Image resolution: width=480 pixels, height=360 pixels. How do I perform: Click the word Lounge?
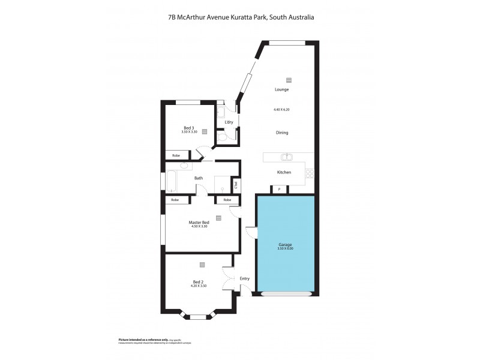pos(281,89)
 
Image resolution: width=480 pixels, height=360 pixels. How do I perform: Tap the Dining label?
pos(281,133)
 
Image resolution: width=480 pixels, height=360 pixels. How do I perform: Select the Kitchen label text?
pos(284,172)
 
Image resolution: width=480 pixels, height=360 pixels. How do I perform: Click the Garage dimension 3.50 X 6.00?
pos(285,248)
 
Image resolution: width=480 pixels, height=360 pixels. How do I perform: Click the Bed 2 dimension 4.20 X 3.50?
pos(199,286)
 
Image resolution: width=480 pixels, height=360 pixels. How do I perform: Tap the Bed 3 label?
pos(188,128)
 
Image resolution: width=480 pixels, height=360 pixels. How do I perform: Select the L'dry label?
pos(229,122)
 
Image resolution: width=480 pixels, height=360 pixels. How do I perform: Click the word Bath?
pos(198,178)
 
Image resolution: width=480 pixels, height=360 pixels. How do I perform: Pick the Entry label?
pos(244,278)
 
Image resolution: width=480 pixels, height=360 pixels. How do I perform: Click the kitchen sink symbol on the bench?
pos(287,157)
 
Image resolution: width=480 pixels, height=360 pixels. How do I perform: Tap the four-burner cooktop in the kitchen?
pos(310,173)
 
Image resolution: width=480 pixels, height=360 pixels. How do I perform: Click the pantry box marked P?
pos(279,190)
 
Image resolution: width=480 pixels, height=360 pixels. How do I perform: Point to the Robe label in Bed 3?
pos(176,155)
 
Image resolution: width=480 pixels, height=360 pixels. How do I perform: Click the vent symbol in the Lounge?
pos(289,80)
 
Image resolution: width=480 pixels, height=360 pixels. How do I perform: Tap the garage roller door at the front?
pos(287,294)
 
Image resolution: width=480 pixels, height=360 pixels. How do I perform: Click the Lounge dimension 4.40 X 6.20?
pos(281,110)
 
